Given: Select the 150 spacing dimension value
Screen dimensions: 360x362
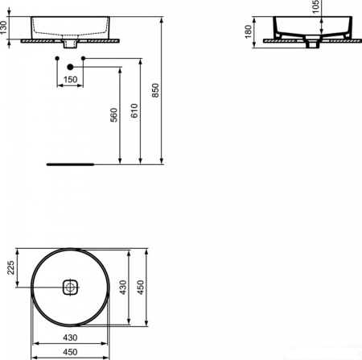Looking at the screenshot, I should point(71,80).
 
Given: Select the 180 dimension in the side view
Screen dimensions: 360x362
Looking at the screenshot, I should point(249,32).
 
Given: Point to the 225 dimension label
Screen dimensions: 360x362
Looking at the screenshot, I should point(11,267).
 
